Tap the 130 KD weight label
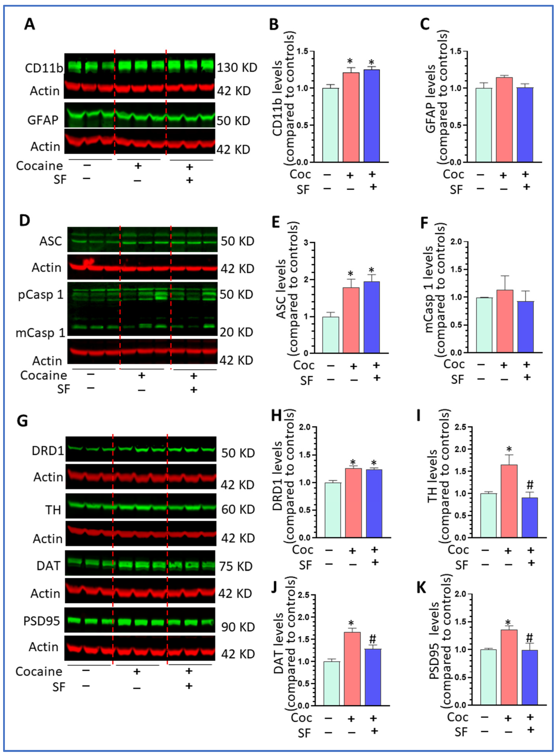pyautogui.click(x=237, y=68)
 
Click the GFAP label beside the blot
pyautogui.click(x=43, y=120)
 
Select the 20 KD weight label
pyautogui.click(x=236, y=332)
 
